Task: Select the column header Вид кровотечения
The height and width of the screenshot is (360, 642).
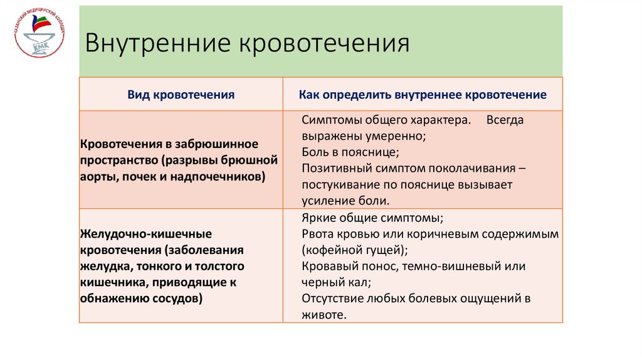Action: (181, 95)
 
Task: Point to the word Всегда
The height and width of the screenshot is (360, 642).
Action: (504, 120)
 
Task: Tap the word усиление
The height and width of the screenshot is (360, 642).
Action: (329, 201)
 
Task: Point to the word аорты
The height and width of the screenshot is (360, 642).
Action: (96, 177)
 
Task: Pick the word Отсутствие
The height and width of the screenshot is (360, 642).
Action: (332, 299)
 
